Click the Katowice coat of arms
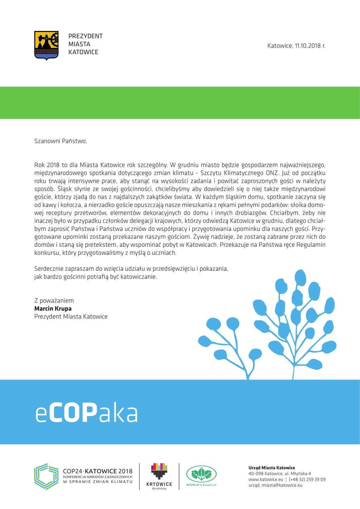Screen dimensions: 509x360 [x=46, y=45]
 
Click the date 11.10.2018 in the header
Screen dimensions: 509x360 [x=308, y=45]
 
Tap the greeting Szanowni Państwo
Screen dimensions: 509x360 [x=60, y=141]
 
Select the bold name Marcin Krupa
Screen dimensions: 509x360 [x=53, y=308]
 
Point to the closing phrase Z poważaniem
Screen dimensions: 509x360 [x=54, y=300]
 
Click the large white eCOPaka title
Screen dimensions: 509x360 [x=87, y=413]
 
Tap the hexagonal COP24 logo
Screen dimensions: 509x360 [x=46, y=476]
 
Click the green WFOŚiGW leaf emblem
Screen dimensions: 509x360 [x=201, y=474]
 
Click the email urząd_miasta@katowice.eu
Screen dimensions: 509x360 [x=275, y=485]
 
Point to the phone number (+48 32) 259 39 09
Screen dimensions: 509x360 [x=307, y=479]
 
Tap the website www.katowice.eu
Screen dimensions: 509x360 [x=266, y=479]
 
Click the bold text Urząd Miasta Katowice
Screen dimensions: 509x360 [x=271, y=468]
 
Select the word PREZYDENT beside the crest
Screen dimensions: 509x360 [x=86, y=36]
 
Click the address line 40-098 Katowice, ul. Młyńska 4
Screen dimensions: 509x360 [x=280, y=474]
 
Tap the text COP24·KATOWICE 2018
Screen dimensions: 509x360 [x=98, y=471]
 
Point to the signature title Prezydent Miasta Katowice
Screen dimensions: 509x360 [x=71, y=317]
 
